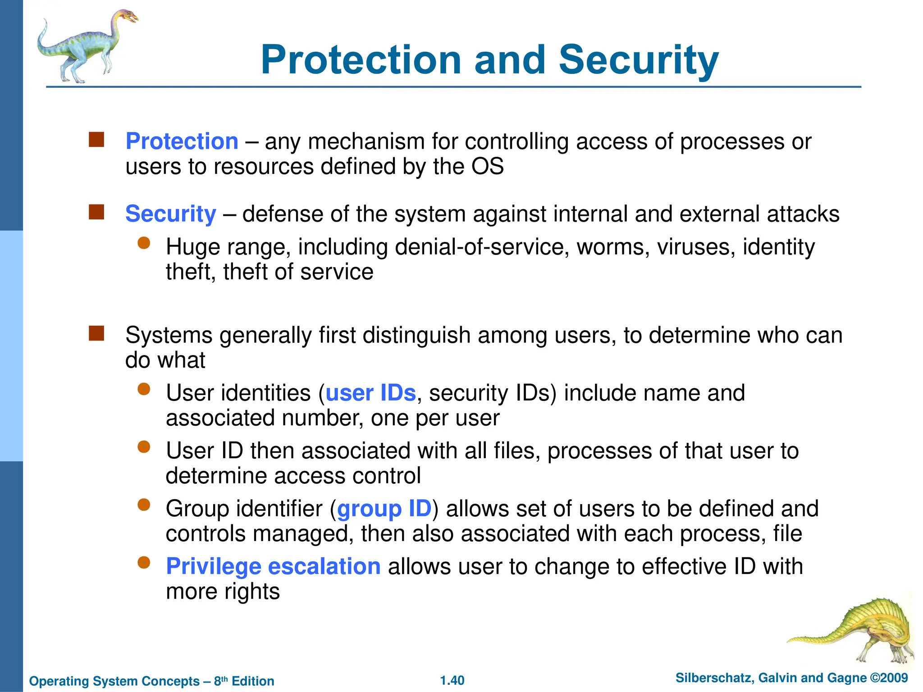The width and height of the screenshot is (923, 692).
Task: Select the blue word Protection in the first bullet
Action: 182,141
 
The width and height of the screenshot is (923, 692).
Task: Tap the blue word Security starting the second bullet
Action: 171,214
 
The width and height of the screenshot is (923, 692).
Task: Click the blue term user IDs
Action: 370,393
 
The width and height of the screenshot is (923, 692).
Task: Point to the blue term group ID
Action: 384,509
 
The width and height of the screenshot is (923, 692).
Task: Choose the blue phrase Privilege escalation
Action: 273,566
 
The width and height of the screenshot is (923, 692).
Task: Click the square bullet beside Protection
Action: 96,140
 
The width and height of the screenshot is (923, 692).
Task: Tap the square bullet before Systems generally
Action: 96,333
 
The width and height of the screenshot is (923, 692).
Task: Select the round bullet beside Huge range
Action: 144,243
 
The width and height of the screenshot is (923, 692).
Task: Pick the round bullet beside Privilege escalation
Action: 144,563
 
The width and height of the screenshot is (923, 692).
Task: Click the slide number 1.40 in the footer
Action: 452,680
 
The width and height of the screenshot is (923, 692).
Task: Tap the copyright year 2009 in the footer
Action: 894,678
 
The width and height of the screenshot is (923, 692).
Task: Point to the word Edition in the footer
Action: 253,681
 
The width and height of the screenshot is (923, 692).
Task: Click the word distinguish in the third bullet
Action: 416,336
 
